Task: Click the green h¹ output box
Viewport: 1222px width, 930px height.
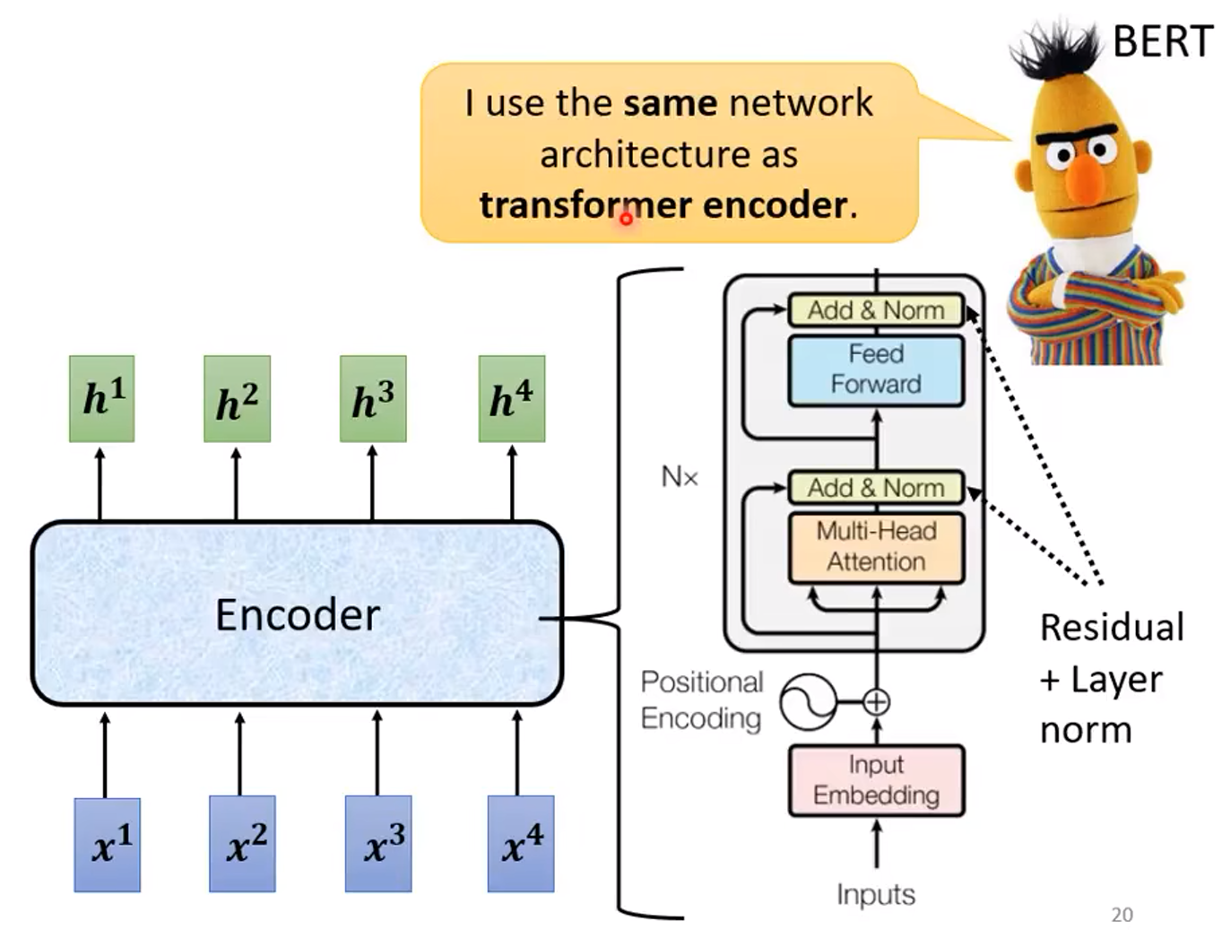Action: tap(102, 398)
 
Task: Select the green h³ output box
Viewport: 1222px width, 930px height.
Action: tap(373, 398)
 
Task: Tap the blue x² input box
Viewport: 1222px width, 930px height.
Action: tap(242, 843)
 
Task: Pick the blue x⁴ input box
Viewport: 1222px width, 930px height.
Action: tap(521, 843)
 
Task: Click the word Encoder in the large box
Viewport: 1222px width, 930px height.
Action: tap(298, 615)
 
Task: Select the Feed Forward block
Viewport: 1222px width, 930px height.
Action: tap(876, 369)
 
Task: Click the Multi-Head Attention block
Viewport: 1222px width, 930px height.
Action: tap(876, 546)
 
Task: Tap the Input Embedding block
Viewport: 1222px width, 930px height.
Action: tap(876, 780)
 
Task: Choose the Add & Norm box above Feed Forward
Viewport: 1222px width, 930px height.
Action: tap(876, 310)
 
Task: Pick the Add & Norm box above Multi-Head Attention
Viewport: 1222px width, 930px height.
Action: tap(876, 488)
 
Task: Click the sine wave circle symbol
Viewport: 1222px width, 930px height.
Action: tap(807, 702)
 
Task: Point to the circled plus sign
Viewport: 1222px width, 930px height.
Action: tap(876, 702)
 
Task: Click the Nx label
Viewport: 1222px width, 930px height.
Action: tap(679, 477)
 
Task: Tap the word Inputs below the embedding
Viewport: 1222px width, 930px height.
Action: tap(876, 894)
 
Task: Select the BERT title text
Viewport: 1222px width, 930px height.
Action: tap(1162, 41)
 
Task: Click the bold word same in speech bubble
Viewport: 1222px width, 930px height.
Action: tap(671, 103)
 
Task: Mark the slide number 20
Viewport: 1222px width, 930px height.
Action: tap(1122, 915)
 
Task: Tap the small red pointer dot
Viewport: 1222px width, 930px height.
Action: tap(626, 218)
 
